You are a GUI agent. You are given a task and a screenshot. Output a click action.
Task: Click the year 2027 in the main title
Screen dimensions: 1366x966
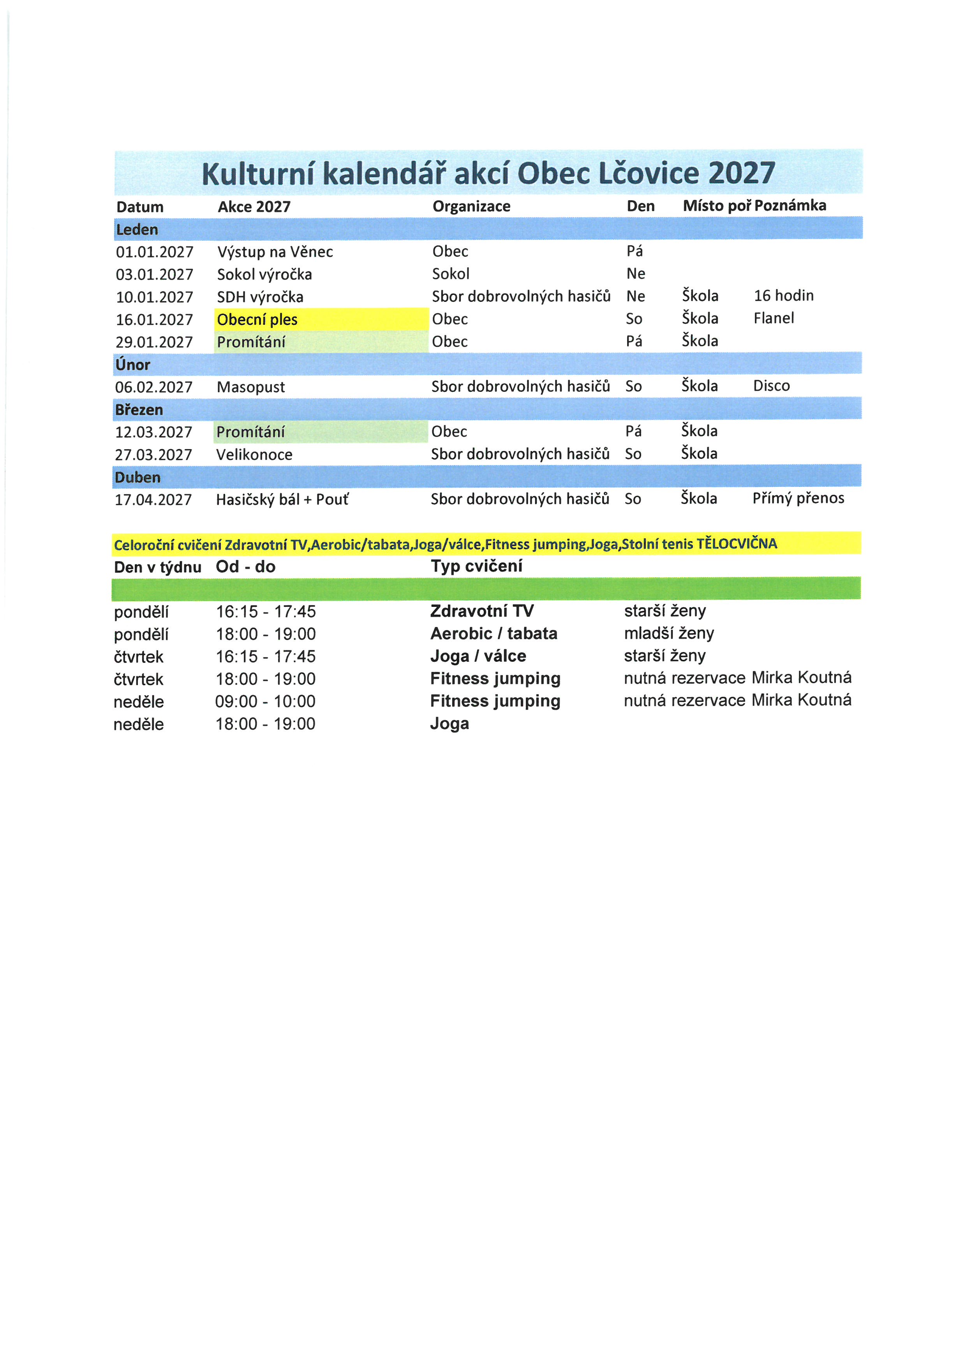(x=741, y=173)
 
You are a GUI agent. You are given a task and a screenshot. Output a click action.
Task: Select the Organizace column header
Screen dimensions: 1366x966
(x=471, y=206)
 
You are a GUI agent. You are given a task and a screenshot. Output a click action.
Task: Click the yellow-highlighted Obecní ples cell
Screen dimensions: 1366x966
(x=257, y=319)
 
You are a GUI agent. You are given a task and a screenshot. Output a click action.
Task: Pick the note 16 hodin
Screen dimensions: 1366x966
(x=783, y=296)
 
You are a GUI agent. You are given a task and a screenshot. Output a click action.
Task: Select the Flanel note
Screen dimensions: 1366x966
(x=773, y=318)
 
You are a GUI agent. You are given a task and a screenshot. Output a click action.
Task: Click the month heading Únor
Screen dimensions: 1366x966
(x=133, y=364)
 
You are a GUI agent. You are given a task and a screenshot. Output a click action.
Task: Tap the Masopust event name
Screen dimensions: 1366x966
(x=250, y=387)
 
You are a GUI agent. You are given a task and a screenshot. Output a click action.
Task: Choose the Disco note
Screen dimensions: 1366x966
(x=771, y=386)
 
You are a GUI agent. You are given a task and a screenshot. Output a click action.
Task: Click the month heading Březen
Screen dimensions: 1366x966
(x=139, y=409)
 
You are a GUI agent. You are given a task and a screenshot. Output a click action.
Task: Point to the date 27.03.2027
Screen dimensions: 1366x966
(x=153, y=455)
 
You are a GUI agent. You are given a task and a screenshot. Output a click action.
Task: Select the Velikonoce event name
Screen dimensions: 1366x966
(x=254, y=455)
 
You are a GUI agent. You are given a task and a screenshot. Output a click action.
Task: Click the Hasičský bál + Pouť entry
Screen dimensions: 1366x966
(x=282, y=500)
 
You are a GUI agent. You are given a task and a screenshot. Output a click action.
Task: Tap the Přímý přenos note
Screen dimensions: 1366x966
(x=798, y=499)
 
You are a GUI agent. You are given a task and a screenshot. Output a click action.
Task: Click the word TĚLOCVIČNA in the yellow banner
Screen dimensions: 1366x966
(x=737, y=543)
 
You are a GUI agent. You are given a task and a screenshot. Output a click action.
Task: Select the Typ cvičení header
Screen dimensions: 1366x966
(x=476, y=566)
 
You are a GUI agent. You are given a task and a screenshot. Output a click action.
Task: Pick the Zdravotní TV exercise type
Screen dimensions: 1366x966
(x=482, y=611)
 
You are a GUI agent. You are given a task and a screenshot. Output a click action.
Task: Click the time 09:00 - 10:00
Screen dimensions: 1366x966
(x=265, y=702)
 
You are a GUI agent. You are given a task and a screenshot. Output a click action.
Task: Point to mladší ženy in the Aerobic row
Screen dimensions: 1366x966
(x=668, y=634)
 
